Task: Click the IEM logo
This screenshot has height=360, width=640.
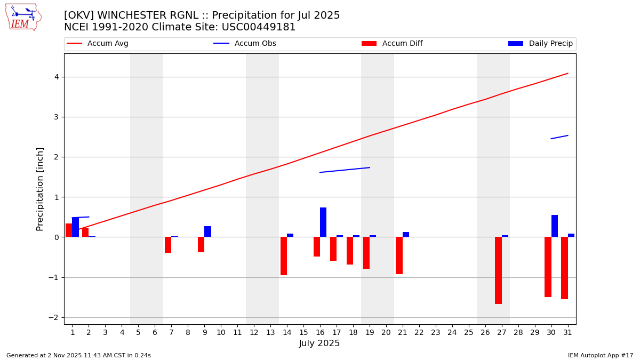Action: [23, 17]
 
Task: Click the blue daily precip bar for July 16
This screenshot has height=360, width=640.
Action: [323, 222]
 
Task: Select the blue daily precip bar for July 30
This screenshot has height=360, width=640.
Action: [555, 226]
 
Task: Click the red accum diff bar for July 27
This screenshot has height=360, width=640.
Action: [498, 270]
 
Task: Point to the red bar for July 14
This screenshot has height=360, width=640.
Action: [284, 256]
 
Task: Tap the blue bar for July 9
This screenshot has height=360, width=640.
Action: [207, 231]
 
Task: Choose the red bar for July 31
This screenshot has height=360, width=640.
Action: [564, 268]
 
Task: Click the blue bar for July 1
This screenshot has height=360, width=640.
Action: [75, 227]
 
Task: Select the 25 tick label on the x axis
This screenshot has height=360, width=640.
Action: [468, 332]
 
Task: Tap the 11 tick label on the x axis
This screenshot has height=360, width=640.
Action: [237, 332]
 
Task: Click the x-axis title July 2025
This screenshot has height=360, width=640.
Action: [319, 343]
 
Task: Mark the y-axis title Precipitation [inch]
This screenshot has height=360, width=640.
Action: [40, 189]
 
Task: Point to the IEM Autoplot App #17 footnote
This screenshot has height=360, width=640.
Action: [601, 355]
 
